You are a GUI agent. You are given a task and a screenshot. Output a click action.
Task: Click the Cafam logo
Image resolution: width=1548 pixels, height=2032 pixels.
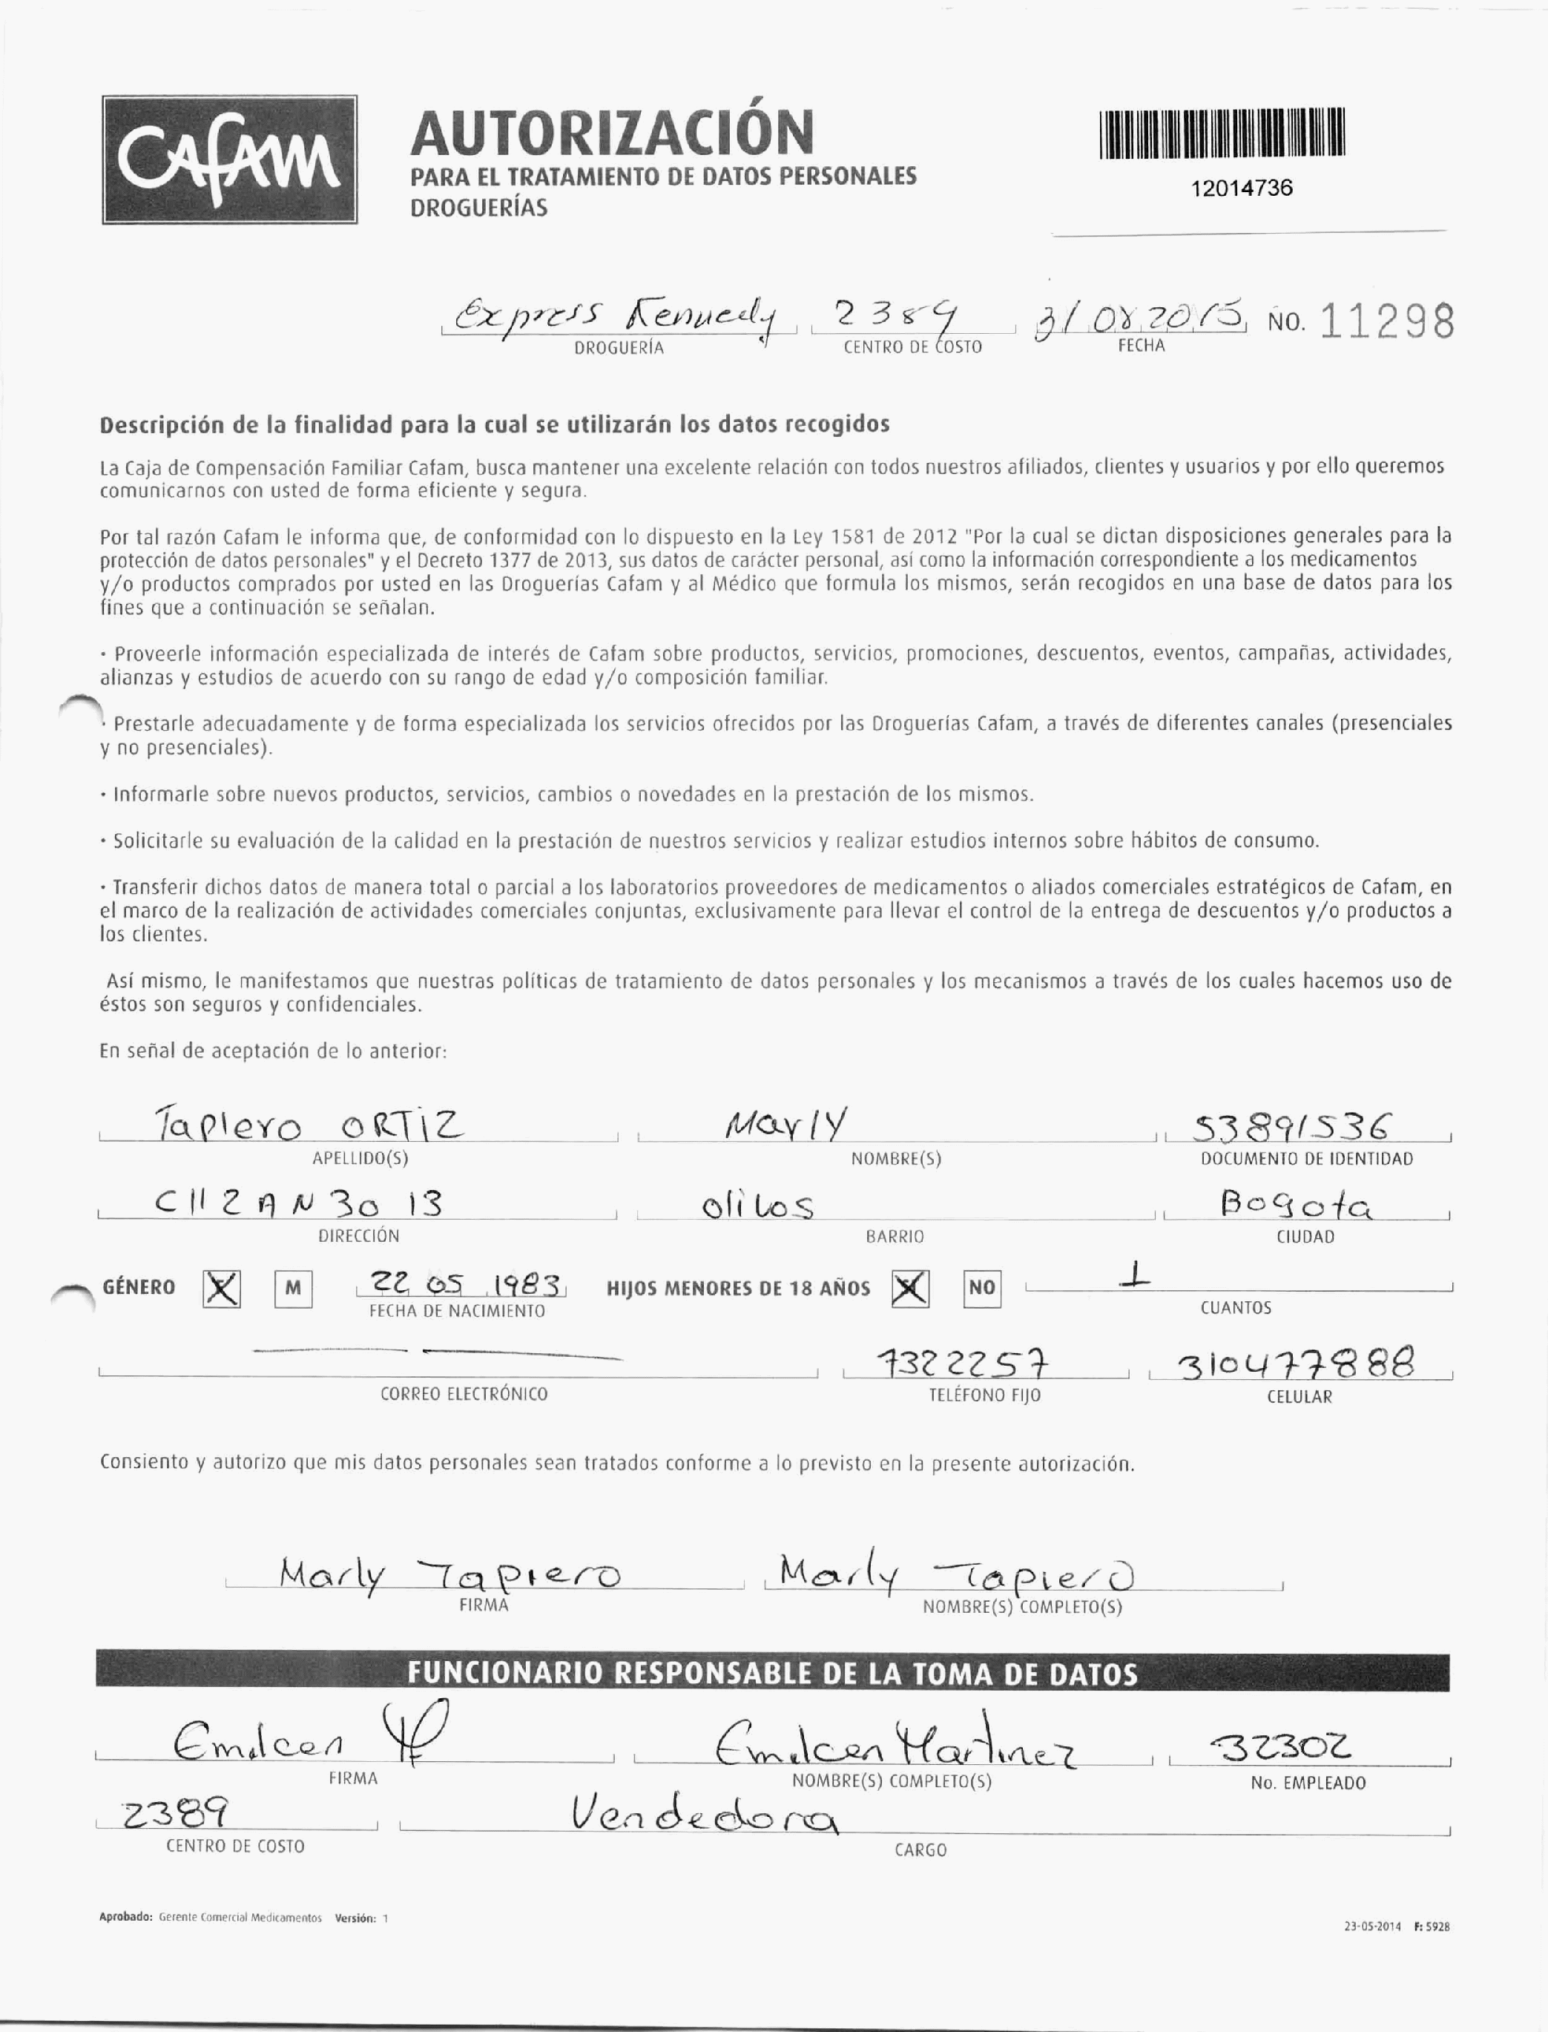point(229,160)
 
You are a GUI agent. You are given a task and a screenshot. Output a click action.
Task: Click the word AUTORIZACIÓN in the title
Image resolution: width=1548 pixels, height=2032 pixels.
point(612,132)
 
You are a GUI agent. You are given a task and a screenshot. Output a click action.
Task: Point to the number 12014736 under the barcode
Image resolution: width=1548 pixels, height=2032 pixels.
point(1241,188)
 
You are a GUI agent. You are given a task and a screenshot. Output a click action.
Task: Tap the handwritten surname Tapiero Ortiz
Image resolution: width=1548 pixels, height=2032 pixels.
point(309,1125)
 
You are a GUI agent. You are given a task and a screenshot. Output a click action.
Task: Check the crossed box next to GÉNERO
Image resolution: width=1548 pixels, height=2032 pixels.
point(222,1289)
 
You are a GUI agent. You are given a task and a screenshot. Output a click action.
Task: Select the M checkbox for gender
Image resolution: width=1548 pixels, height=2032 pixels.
point(293,1289)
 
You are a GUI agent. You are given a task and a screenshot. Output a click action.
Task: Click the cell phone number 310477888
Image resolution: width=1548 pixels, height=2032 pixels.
point(1297,1363)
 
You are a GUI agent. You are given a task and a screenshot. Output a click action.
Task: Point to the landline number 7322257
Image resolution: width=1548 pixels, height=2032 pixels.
point(962,1363)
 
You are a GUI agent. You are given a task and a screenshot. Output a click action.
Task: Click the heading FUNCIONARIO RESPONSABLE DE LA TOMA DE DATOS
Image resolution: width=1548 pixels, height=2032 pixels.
point(772,1673)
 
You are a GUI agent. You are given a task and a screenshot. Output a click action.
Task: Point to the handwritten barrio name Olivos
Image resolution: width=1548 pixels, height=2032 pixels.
point(757,1206)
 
